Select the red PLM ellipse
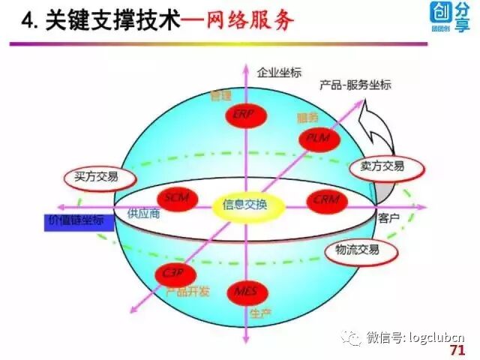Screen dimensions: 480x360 pos(319,139)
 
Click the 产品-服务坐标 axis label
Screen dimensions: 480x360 pos(355,85)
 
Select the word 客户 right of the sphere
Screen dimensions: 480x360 pos(389,218)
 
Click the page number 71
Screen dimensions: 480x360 pos(456,350)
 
